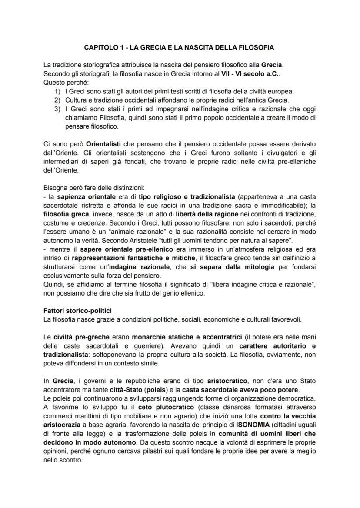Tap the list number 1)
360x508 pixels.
pyautogui.click(x=57, y=91)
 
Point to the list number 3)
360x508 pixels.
pyautogui.click(x=57, y=108)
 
